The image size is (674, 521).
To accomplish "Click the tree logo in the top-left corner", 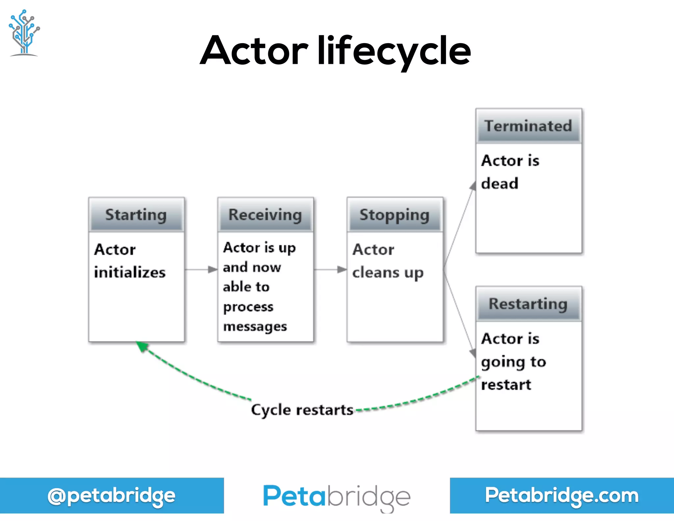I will coord(24,33).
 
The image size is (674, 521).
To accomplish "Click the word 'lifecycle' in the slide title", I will coord(394,51).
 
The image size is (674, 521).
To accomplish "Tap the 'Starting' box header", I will coord(136,215).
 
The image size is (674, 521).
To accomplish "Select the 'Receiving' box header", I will coord(265,215).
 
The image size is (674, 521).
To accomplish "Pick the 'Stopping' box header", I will coord(394,215).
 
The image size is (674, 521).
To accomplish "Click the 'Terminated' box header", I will coord(528,126).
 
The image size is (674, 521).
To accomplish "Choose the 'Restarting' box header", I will coord(528,304).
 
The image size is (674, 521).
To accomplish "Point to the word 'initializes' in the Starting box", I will coord(130,272).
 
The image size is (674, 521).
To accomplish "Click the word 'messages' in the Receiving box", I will coord(255,326).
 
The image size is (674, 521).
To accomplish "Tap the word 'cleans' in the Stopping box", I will coord(376,273).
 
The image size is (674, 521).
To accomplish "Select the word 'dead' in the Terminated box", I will coord(500,183).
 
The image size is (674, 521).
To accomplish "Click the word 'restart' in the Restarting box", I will coord(506,385).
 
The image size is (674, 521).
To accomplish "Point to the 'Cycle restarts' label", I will coord(302,410).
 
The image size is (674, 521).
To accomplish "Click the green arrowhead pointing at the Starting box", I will coord(142,346).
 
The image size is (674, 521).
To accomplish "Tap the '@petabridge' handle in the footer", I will coord(111,496).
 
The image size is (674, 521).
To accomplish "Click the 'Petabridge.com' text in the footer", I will coord(561,495).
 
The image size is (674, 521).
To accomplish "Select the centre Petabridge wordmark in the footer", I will coord(337,497).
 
